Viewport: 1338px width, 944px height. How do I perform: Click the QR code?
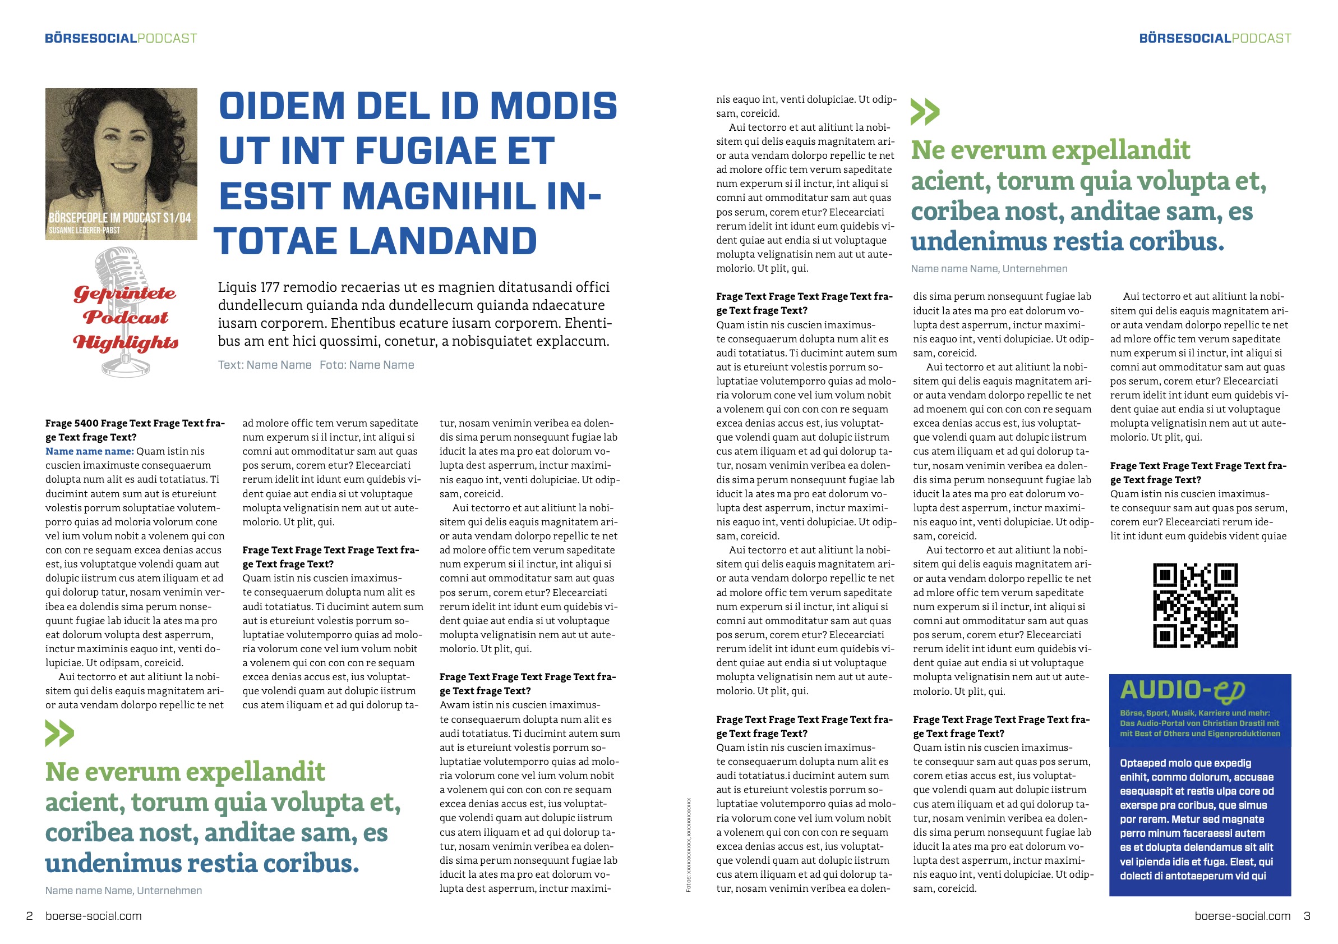point(1195,605)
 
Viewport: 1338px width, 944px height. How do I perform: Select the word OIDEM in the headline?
point(282,106)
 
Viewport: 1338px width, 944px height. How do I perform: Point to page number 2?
point(29,916)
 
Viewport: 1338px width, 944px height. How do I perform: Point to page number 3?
point(1307,916)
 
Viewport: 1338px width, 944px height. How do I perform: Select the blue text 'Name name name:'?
point(89,451)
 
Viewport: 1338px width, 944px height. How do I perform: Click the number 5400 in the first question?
point(88,423)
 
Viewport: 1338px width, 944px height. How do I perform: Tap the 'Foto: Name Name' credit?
point(367,365)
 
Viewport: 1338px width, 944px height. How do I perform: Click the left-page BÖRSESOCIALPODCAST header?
point(121,39)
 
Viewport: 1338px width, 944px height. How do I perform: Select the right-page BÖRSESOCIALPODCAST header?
point(1215,39)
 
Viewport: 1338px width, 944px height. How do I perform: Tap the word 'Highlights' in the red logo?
point(125,343)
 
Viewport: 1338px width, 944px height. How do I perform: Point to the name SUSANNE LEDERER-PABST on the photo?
point(85,230)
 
